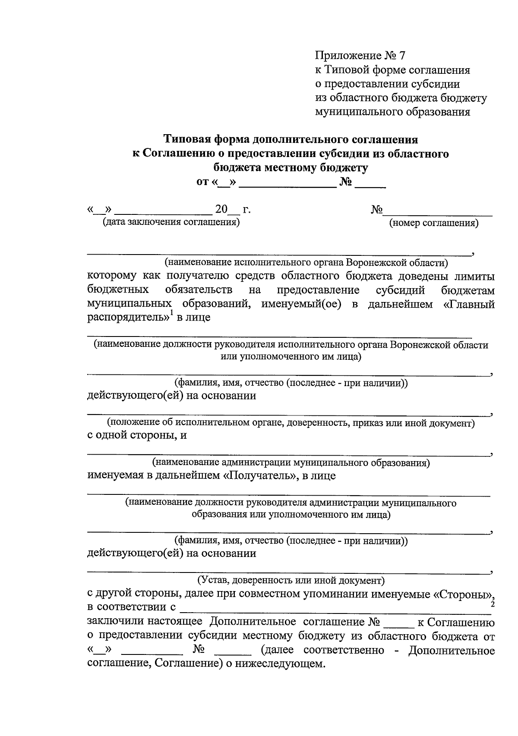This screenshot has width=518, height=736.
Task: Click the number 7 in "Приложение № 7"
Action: tap(403, 56)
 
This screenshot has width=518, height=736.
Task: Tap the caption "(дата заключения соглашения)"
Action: tap(171, 223)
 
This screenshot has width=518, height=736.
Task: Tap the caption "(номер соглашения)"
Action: tap(434, 223)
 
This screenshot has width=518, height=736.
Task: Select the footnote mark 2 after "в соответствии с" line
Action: tap(493, 605)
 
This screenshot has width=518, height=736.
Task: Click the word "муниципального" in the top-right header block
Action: tap(359, 112)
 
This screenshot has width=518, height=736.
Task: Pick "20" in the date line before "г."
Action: tap(221, 210)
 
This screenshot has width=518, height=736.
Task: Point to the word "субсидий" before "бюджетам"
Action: tap(400, 289)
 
